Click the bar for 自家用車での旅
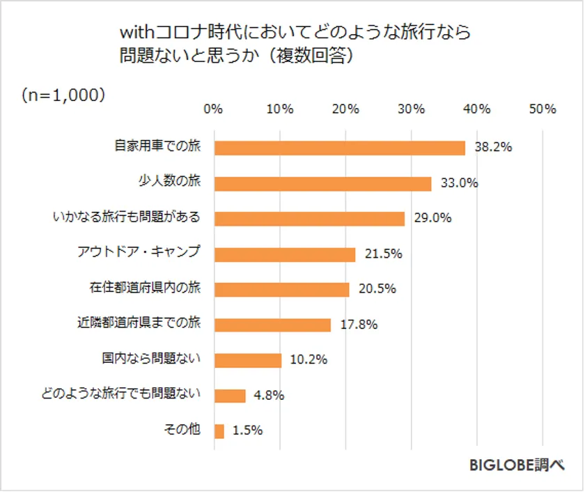pos(339,148)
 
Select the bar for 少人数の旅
pos(322,183)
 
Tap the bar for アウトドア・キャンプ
pos(285,254)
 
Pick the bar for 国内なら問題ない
pos(248,360)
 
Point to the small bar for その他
pos(219,431)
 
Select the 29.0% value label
pos(432,218)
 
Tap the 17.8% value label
pos(359,325)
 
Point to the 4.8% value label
pos(269,396)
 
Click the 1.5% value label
pos(247,431)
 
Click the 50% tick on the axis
pos(542,109)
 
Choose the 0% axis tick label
pos(213,109)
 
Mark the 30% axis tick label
pos(411,109)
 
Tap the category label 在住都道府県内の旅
pos(145,288)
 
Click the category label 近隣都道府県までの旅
pos(139,324)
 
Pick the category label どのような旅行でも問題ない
pos(121,394)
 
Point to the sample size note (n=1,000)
pos(63,95)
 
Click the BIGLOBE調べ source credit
pos(516,465)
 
